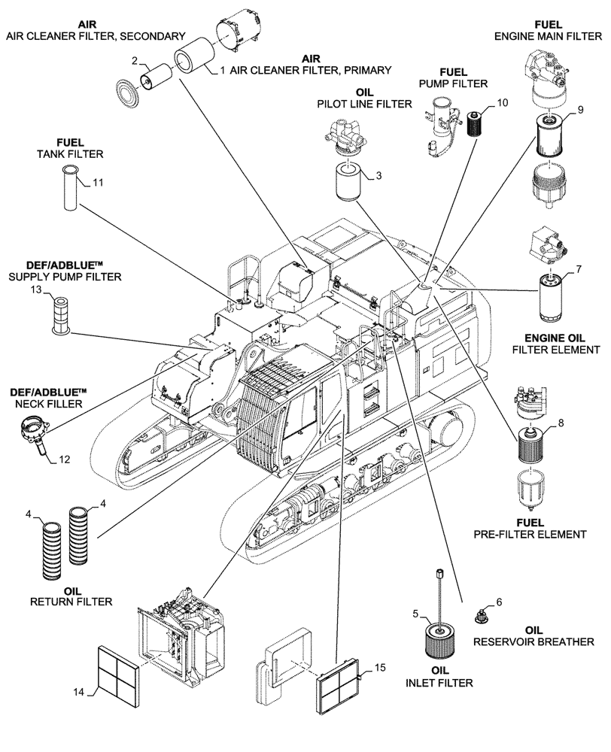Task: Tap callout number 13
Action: click(36, 290)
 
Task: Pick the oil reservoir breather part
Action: click(479, 615)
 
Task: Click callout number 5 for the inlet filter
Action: click(415, 614)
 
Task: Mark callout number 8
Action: click(558, 423)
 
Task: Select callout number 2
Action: click(135, 60)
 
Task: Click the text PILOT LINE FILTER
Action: click(365, 105)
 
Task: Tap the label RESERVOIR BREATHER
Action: click(533, 642)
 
